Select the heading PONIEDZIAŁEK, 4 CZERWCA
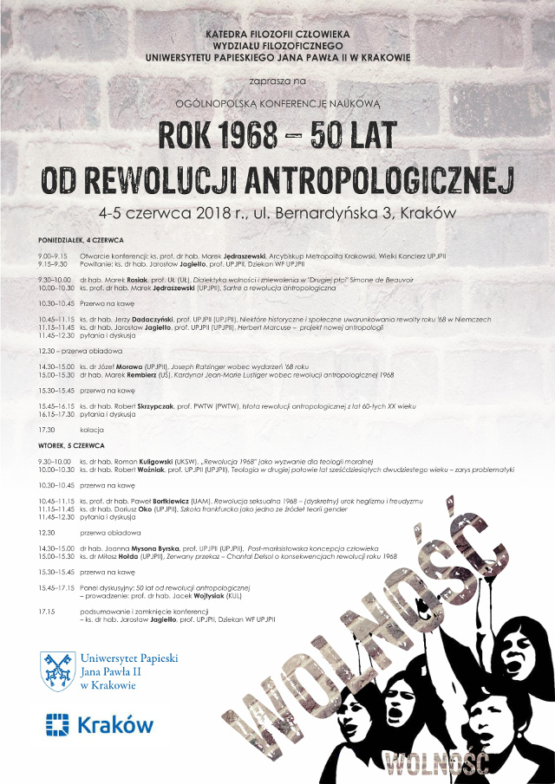pos(81,239)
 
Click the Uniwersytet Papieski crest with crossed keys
pos(57,671)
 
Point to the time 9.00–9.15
pos(53,256)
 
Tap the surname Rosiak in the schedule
pos(134,280)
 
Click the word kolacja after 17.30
pos(92,430)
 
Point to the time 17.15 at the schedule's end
pos(47,612)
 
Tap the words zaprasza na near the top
pos(277,80)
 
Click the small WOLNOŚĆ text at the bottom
pos(439,764)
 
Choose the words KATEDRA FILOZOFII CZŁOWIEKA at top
pos(277,33)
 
